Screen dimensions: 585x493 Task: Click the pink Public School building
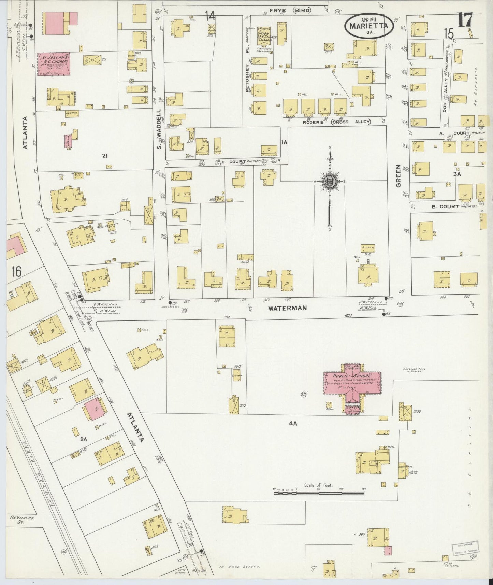click(x=352, y=383)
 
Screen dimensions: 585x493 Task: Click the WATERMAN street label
click(x=287, y=308)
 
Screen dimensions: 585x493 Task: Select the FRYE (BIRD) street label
click(x=290, y=11)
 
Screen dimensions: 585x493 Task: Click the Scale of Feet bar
click(x=319, y=493)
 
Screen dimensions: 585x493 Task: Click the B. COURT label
click(x=445, y=206)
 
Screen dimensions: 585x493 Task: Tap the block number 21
click(x=105, y=156)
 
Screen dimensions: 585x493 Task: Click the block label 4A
click(x=293, y=423)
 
